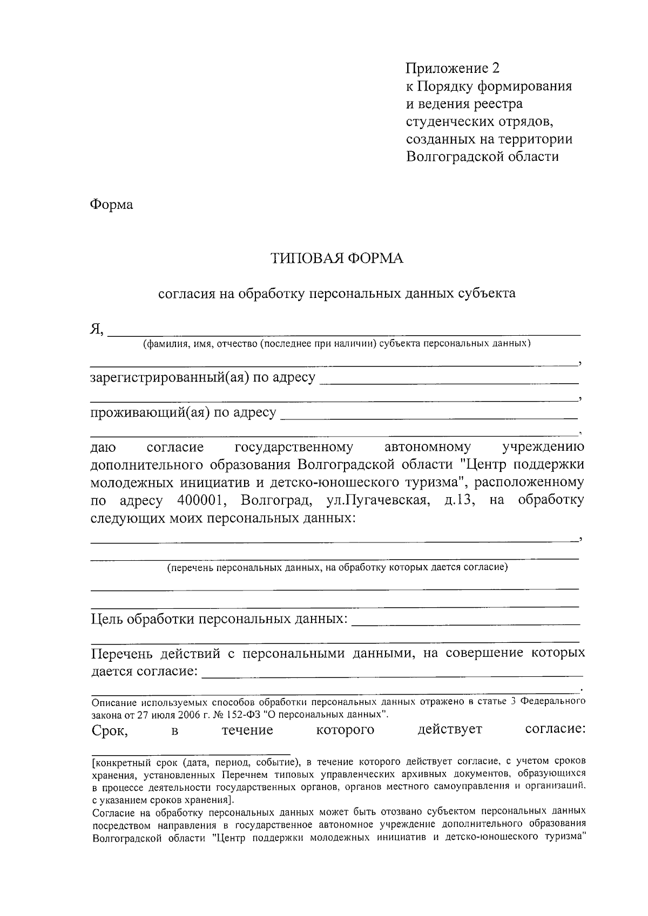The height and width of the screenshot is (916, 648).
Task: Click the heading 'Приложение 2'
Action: click(x=453, y=68)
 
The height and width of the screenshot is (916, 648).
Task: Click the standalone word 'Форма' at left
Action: click(x=111, y=205)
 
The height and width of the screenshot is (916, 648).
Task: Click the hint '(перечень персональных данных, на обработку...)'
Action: click(x=337, y=567)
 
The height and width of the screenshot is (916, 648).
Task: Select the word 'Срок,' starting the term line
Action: click(x=110, y=730)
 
